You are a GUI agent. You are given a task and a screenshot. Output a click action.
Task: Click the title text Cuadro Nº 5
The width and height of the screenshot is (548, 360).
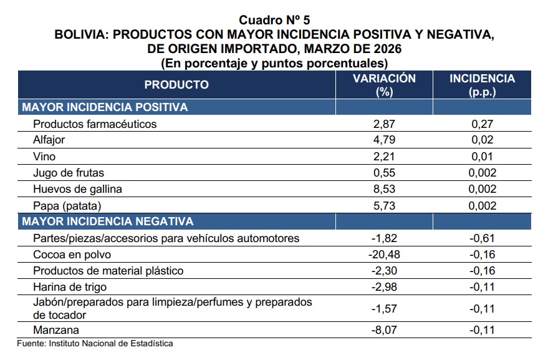(x=274, y=20)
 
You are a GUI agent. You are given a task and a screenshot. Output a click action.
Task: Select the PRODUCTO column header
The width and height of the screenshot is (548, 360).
(x=176, y=85)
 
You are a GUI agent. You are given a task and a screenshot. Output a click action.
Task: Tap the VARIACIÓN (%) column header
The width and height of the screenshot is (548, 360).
(x=384, y=85)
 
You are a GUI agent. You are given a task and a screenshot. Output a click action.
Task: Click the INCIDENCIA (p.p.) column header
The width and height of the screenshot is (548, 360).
(x=483, y=85)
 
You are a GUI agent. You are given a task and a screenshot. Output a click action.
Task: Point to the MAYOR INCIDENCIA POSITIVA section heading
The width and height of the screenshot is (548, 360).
(x=105, y=107)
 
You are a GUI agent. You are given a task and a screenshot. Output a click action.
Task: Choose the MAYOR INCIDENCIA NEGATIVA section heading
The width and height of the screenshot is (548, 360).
(x=108, y=221)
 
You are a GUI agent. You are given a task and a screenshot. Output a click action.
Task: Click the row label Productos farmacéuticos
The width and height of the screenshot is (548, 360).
(x=95, y=124)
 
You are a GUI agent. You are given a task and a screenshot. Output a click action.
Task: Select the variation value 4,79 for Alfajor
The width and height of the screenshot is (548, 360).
(x=384, y=140)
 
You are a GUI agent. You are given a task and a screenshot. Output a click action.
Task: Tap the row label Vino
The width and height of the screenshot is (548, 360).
(x=44, y=156)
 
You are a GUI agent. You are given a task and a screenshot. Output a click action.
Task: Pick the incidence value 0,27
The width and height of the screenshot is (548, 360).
(x=483, y=124)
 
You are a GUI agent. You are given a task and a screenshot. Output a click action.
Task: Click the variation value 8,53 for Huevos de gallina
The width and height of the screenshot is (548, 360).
(x=384, y=189)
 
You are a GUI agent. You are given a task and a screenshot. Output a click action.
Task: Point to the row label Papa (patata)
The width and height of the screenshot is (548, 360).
(x=67, y=205)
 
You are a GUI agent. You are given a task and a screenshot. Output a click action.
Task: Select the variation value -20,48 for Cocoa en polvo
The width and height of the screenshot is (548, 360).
(x=384, y=255)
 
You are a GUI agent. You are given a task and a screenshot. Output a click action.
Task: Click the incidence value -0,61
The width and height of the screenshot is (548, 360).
(x=483, y=238)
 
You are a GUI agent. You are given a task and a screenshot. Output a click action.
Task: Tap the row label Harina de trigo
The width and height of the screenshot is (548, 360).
(x=70, y=287)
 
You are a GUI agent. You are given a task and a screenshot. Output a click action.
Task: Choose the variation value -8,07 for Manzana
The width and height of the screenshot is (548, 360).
(x=384, y=331)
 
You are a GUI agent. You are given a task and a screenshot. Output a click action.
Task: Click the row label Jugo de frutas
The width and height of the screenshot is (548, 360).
(x=69, y=173)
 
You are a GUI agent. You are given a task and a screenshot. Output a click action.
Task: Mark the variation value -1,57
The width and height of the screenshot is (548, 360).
(x=384, y=309)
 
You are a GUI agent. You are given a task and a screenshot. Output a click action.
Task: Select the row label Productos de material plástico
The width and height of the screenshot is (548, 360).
(x=108, y=271)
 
